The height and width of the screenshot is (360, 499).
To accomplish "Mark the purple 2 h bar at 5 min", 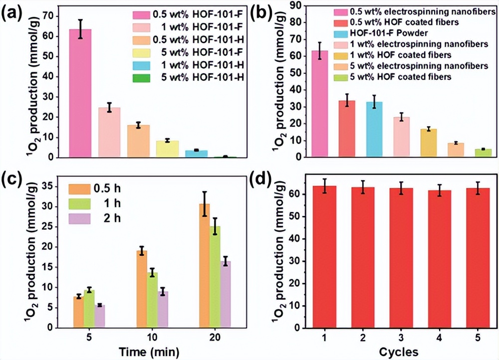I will click(99, 316).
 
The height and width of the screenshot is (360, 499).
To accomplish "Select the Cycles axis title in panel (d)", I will click(399, 352).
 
